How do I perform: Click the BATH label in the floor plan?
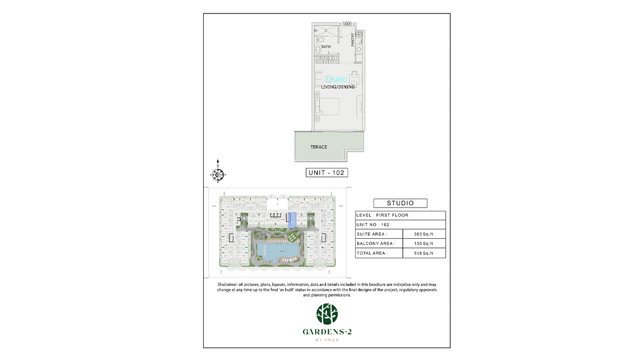[x=326, y=47]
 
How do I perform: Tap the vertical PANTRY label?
[x=352, y=40]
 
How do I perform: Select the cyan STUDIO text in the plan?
[x=337, y=79]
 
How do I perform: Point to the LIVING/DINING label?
[x=338, y=87]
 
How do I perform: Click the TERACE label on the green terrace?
[x=319, y=147]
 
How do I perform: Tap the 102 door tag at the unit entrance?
[x=347, y=24]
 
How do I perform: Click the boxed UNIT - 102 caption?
[x=327, y=172]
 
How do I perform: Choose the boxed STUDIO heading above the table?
[x=400, y=203]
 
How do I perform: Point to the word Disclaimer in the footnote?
[x=229, y=285]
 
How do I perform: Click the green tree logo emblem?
[x=326, y=314]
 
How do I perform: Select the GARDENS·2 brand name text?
[x=326, y=332]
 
